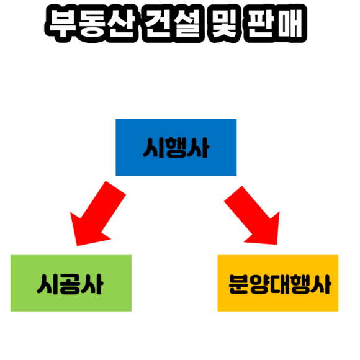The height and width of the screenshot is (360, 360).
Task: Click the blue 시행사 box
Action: [x=176, y=147]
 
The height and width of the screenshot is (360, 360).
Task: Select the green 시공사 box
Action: [x=71, y=283]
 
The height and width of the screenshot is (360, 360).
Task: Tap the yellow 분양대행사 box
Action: [x=278, y=283]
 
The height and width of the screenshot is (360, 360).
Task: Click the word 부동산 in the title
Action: [x=91, y=24]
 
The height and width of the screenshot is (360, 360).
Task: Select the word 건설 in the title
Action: [x=173, y=24]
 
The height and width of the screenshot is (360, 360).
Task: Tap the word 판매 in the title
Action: [x=275, y=24]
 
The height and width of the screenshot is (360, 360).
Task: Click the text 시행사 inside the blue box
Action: [x=176, y=148]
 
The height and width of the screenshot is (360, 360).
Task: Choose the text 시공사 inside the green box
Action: [x=70, y=284]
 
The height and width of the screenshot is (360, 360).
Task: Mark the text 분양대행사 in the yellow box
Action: [x=280, y=284]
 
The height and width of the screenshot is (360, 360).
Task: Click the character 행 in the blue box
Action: [x=176, y=148]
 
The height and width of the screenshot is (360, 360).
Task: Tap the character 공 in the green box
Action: [x=70, y=284]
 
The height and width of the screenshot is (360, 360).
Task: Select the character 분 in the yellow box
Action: [x=238, y=284]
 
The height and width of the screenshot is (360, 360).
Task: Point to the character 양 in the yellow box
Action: [x=259, y=284]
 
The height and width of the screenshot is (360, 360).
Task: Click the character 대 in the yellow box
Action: [x=280, y=284]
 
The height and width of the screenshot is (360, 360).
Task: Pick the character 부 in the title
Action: [x=62, y=24]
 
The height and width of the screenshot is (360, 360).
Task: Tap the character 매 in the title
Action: [x=290, y=24]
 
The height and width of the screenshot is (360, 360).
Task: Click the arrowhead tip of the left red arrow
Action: [x=77, y=246]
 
